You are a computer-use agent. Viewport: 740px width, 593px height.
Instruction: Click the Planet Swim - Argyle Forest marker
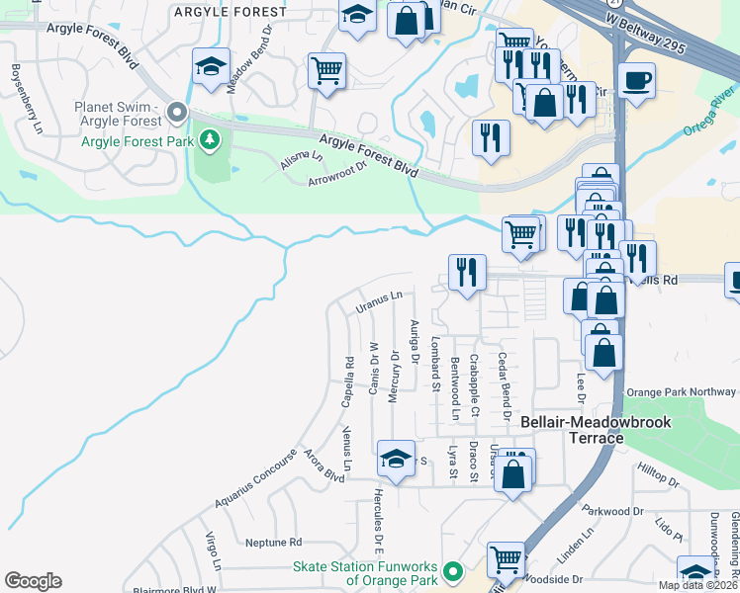tap(178, 113)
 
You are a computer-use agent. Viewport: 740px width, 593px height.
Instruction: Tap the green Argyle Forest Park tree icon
tap(208, 140)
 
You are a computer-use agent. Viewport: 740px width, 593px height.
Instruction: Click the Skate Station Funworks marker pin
tap(453, 571)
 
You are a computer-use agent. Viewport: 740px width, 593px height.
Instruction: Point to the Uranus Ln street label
tap(379, 301)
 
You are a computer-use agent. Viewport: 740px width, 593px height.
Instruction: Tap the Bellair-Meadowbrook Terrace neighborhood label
tap(596, 429)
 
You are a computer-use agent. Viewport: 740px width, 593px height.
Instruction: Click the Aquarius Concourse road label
tap(255, 483)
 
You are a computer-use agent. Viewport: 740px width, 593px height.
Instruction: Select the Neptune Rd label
tap(272, 543)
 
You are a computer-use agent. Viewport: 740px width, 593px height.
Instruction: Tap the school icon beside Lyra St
tap(396, 460)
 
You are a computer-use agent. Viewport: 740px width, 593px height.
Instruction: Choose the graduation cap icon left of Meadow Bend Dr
tap(210, 66)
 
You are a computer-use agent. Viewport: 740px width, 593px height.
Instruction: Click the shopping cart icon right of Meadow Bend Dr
tap(326, 71)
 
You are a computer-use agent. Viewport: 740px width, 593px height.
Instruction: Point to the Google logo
tap(33, 581)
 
